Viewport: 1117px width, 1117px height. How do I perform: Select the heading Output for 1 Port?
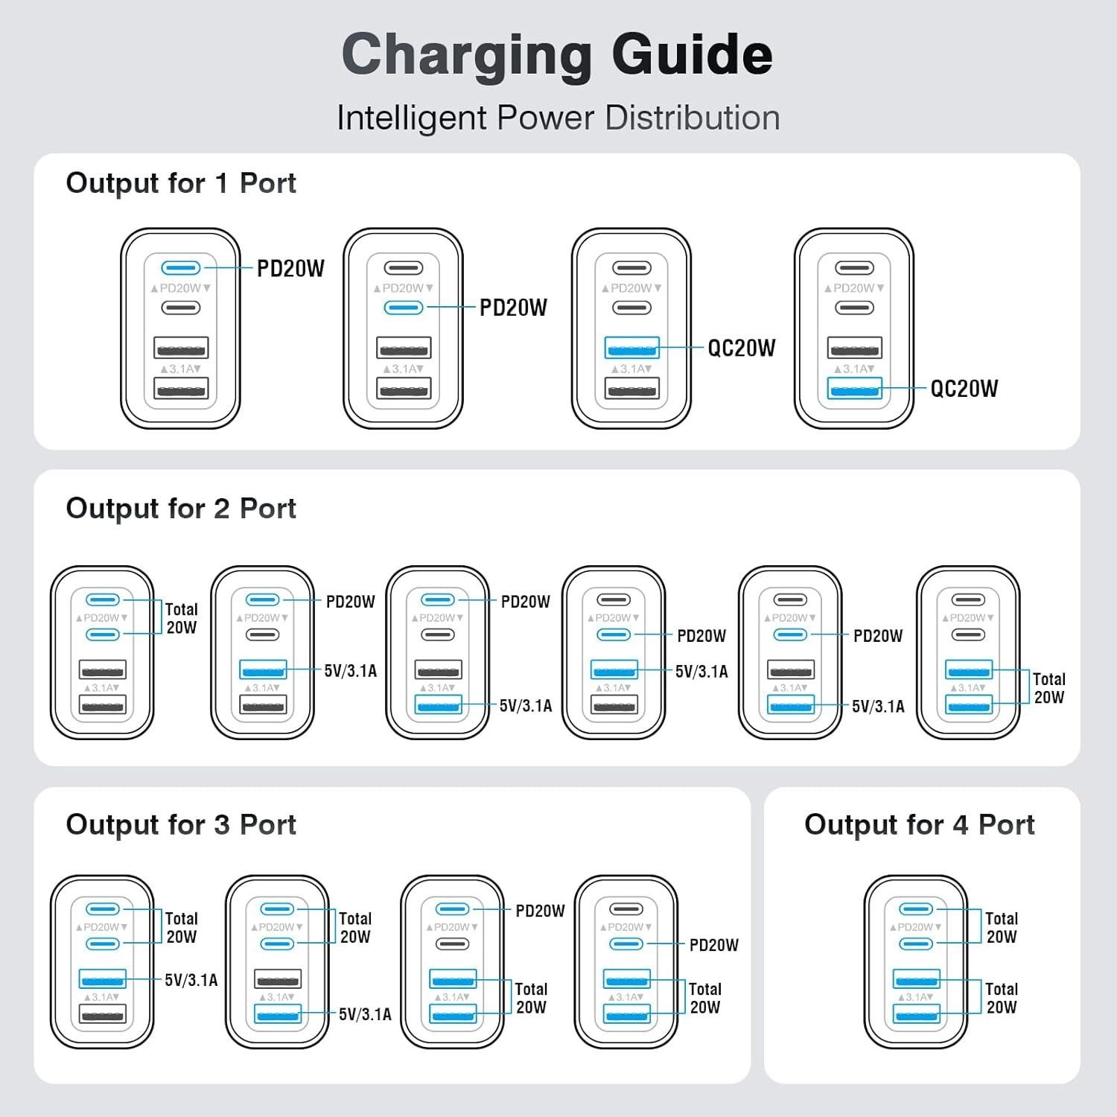181,183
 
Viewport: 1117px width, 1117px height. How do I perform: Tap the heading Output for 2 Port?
181,509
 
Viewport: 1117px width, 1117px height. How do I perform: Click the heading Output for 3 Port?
181,825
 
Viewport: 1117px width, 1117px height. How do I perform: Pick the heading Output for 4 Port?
920,825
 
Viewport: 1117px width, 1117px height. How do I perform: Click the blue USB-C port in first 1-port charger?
181,268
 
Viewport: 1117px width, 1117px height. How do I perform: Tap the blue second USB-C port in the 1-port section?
404,308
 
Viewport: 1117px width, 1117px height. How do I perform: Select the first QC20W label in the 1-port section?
742,348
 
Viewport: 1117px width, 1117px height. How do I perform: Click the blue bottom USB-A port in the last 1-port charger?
854,388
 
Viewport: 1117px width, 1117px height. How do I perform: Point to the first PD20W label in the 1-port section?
290,269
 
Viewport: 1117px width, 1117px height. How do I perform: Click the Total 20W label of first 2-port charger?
182,618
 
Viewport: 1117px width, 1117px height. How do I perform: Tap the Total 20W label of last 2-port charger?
1048,688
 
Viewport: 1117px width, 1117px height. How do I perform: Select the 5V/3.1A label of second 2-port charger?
351,671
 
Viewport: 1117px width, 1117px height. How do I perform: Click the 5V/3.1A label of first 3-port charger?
191,980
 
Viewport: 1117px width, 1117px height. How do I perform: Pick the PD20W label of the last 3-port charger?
713,945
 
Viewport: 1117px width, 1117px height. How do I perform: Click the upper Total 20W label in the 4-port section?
1002,927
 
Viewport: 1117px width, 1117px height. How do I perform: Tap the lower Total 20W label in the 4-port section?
1002,998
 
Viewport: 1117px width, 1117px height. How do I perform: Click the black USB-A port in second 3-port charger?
278,978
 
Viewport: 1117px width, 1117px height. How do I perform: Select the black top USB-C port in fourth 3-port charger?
626,909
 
